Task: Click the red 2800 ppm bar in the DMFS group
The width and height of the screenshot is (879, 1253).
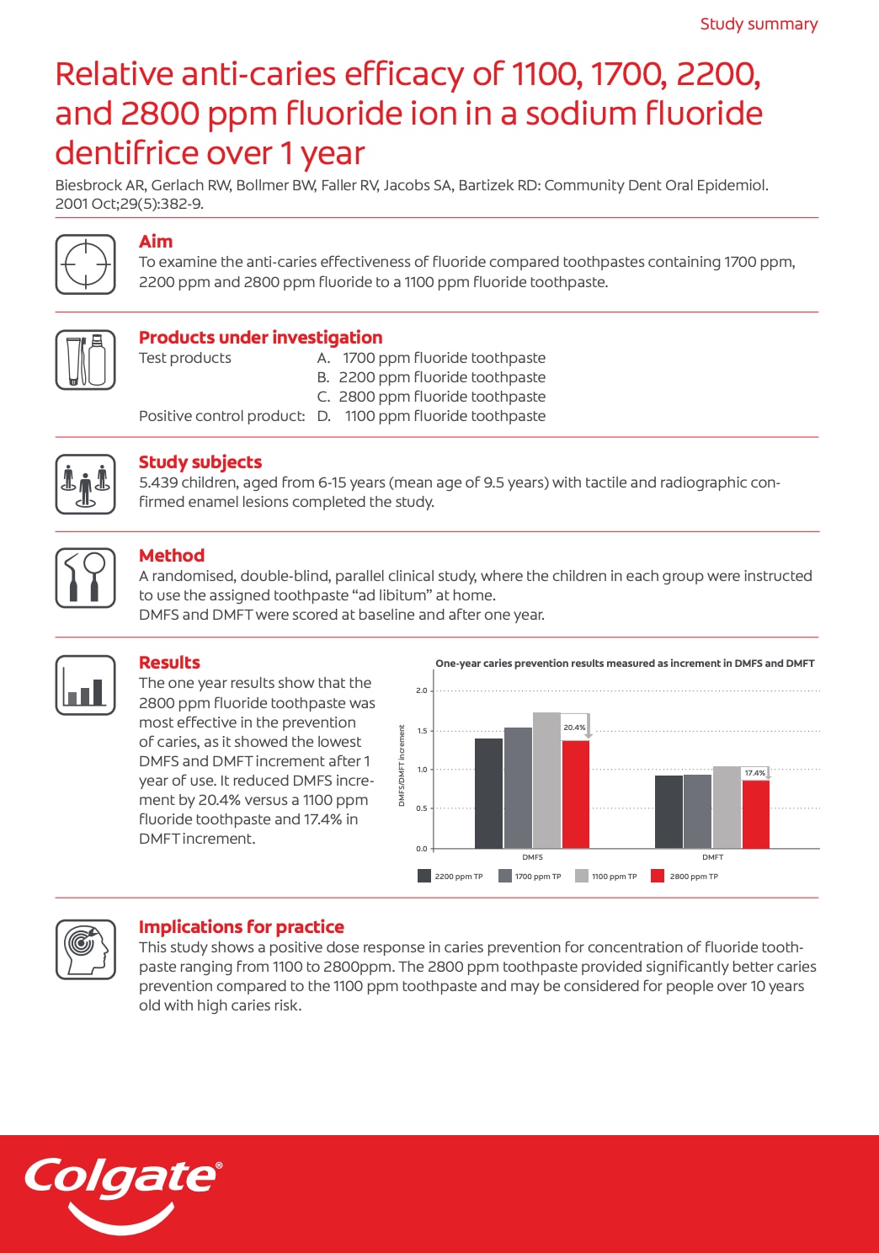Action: coord(576,794)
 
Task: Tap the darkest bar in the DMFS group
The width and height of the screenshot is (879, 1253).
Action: coord(488,793)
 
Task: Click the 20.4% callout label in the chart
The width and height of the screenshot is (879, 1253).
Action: coord(574,728)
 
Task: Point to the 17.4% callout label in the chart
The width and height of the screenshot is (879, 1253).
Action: coord(754,773)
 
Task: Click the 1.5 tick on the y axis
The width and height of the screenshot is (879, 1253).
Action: coord(422,731)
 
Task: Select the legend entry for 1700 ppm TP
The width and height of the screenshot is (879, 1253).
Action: coord(530,877)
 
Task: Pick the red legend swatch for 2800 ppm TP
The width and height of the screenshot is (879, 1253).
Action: coord(658,876)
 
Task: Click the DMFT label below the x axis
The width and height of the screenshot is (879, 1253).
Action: coord(712,857)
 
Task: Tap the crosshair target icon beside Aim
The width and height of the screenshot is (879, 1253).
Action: coord(85,264)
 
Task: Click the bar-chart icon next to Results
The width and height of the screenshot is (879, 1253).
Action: coord(85,685)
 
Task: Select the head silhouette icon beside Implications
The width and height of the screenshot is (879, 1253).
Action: coord(85,949)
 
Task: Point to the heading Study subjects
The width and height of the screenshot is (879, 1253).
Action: coord(200,462)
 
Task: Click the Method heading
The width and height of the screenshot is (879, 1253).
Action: coord(172,556)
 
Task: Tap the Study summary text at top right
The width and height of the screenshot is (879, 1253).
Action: coord(759,24)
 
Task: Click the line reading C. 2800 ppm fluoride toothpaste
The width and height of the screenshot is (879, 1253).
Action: coord(431,397)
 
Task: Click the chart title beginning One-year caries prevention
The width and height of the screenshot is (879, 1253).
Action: coord(625,664)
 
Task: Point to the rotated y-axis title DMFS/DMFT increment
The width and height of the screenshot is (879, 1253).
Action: coord(402,765)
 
